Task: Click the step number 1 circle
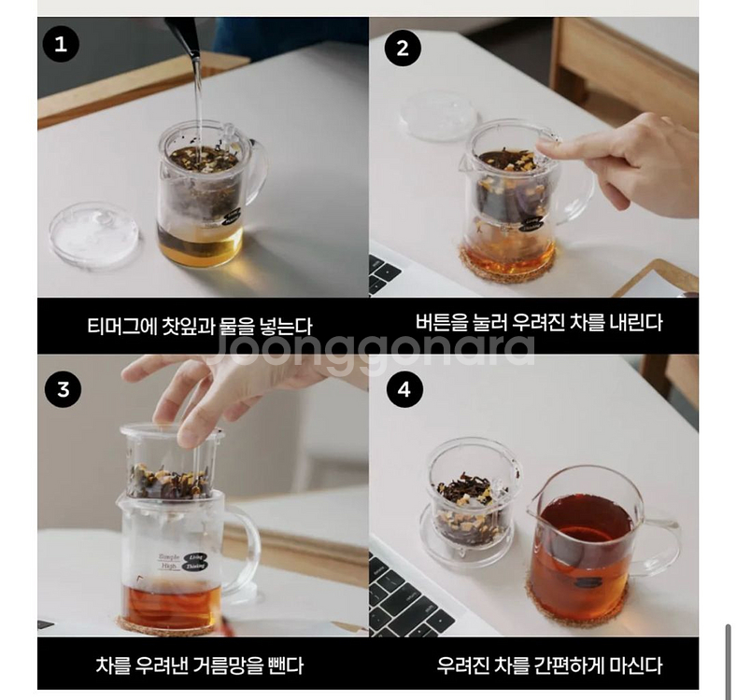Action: coord(61,43)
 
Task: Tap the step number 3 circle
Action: coord(63,389)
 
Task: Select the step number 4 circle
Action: coord(404,389)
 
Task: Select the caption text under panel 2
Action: coord(539,323)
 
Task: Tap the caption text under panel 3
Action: coord(200,665)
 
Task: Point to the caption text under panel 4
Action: coord(549,665)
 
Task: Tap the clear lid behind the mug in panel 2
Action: coord(438,116)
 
